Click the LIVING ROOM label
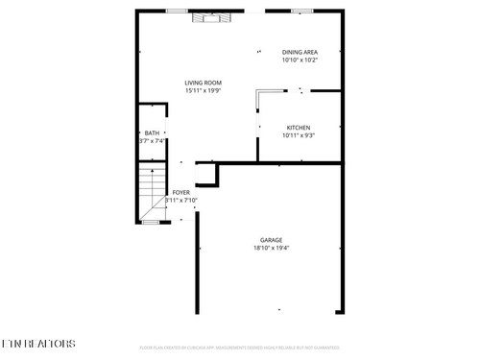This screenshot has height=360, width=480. pos(204,83)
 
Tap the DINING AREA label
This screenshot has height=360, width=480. pos(300,52)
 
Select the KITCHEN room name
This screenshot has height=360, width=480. pos(299,127)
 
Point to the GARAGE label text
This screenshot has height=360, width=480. pos(271,239)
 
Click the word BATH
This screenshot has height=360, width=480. pos(152,132)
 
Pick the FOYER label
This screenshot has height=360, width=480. pos(180,192)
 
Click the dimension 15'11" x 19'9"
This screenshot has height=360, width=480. pos(204,91)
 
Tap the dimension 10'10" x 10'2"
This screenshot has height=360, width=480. pos(300,60)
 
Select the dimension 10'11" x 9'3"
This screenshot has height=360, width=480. pos(299,135)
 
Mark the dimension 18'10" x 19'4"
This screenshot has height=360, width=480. pos(271,248)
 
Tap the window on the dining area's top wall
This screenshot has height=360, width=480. pos(301,11)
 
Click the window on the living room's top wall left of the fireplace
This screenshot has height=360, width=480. pos(176,11)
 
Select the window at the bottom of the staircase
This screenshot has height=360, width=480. pos(150,222)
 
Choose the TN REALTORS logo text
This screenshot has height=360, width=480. pos(38,343)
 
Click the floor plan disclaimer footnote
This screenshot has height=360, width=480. pos(240,348)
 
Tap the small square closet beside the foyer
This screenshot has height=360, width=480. pos(206,174)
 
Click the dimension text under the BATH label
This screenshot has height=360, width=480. pos(153,141)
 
